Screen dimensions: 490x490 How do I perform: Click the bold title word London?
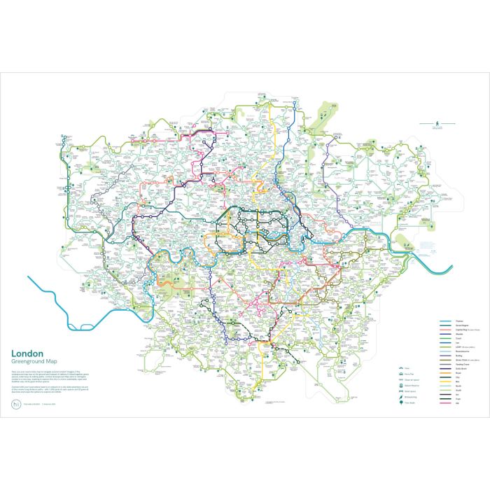(26, 353)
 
